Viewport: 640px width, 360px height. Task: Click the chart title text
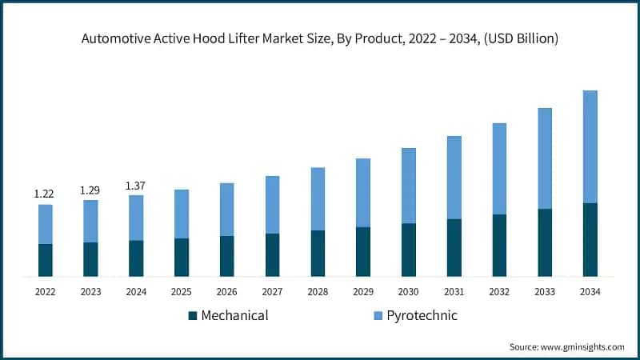[x=320, y=38]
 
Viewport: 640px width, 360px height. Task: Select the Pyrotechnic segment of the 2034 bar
[x=590, y=146]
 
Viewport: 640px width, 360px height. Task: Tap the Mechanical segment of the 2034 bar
[x=590, y=239]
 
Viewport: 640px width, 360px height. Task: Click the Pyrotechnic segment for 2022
[x=45, y=224]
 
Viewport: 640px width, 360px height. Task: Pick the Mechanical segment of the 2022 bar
[x=45, y=260]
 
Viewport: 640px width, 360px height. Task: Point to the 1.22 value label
[x=43, y=194]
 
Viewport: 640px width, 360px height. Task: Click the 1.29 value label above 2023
[x=90, y=190]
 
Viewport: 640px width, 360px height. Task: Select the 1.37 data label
[x=136, y=186]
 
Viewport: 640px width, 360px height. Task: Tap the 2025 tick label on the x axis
[x=181, y=292]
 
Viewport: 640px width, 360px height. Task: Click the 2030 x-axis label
[x=408, y=292]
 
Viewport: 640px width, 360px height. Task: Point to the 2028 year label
[x=317, y=292]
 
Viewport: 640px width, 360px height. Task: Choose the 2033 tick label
[x=544, y=292]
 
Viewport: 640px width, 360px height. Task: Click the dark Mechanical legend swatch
[x=193, y=316]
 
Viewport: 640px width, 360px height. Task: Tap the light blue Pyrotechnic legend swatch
[x=378, y=316]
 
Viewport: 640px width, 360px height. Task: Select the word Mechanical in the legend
[x=234, y=315]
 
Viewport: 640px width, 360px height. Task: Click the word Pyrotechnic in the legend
[x=422, y=315]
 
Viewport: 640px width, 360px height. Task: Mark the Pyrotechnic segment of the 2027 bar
[x=272, y=205]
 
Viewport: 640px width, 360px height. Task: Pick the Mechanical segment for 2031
[x=454, y=247]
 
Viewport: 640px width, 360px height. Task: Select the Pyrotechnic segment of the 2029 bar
[x=363, y=193]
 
